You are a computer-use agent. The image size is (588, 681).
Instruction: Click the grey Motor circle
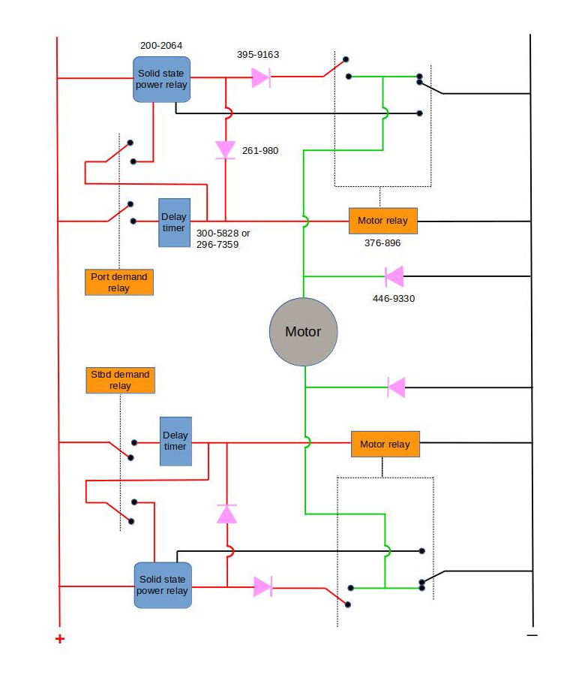[x=304, y=332]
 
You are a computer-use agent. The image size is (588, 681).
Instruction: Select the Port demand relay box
[x=119, y=282]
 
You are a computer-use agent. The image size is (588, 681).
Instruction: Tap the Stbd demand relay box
[x=120, y=380]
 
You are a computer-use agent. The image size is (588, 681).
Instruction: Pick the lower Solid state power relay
[x=162, y=585]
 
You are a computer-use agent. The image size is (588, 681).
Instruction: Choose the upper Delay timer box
[x=174, y=223]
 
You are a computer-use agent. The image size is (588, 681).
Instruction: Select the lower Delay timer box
[x=175, y=441]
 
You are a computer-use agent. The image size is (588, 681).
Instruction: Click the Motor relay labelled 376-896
[x=382, y=221]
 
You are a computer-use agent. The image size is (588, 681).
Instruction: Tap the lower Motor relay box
[x=385, y=444]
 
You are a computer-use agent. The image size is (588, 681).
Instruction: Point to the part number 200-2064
[x=160, y=47]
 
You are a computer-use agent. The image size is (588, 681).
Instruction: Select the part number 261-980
[x=260, y=151]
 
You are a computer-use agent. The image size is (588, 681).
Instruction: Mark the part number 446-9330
[x=394, y=298]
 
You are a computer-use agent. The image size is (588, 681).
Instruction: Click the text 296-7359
[x=218, y=244]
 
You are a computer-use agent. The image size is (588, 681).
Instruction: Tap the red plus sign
[x=60, y=639]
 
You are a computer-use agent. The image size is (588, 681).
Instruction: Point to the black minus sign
[x=532, y=635]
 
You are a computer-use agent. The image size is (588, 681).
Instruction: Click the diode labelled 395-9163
[x=261, y=77]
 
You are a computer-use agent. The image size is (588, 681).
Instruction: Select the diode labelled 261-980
[x=226, y=149]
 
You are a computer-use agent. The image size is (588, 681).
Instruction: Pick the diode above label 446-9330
[x=394, y=276]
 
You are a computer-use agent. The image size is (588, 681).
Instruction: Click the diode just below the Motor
[x=396, y=387]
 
